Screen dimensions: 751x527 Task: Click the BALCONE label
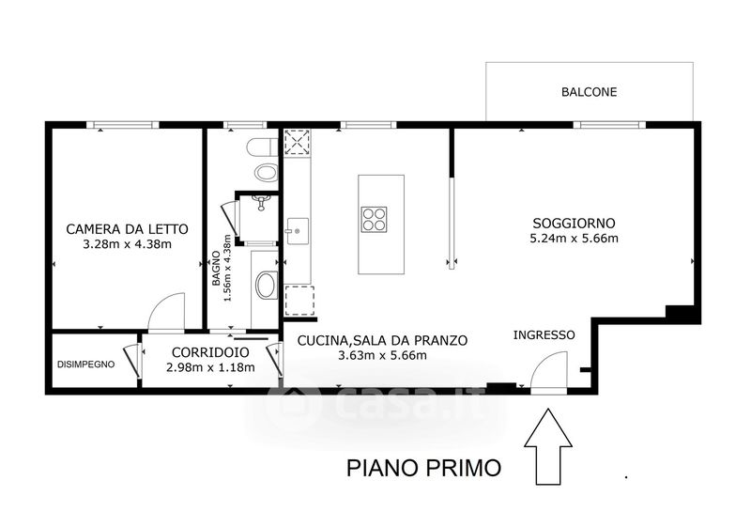[589, 92]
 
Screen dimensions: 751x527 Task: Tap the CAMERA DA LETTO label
[127, 229]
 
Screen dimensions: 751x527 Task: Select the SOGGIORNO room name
[574, 224]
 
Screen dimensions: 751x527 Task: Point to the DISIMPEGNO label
[85, 364]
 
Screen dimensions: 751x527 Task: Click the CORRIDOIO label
[210, 352]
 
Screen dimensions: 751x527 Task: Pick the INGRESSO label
[544, 334]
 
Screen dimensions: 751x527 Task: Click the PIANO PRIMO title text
[424, 468]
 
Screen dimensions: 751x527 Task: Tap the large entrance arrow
[548, 446]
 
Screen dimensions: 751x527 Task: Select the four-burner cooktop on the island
[374, 220]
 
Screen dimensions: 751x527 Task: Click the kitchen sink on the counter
[298, 232]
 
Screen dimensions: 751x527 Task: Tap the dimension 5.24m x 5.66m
[574, 238]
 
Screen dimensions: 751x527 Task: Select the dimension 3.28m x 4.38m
[127, 244]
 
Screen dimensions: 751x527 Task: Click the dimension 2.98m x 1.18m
[210, 368]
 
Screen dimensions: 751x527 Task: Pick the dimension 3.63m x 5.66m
[382, 355]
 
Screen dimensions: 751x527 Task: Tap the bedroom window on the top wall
[123, 125]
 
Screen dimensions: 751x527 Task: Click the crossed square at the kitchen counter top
[297, 142]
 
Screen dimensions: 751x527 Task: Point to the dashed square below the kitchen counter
[299, 301]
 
